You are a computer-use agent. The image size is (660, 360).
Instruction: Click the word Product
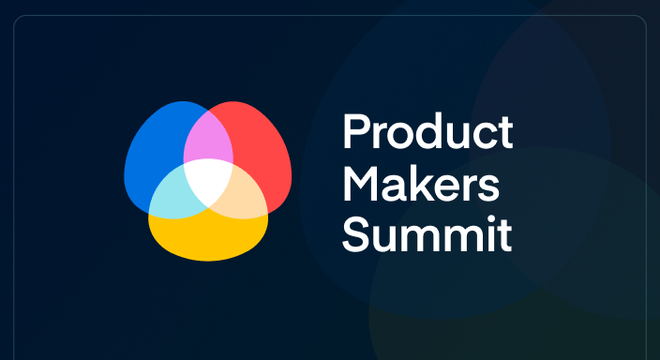point(427,133)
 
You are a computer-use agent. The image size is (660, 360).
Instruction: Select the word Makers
point(420,184)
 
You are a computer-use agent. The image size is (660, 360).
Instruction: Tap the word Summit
point(427,234)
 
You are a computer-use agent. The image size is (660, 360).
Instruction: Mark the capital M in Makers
point(359,184)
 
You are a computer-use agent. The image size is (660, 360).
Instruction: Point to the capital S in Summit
point(354,234)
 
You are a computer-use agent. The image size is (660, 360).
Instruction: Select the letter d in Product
point(424,133)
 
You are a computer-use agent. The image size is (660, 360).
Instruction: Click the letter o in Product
point(397,137)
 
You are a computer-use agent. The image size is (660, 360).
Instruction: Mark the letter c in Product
point(481,137)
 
